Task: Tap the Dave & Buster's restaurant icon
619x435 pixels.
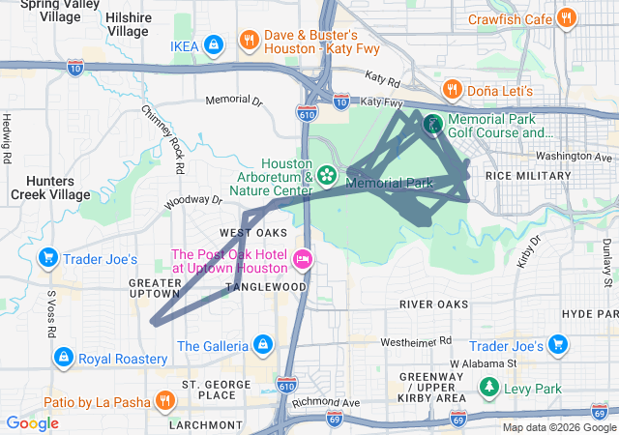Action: (x=250, y=41)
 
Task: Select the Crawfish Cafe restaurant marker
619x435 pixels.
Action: (x=568, y=17)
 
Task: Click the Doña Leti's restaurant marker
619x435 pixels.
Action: (x=451, y=90)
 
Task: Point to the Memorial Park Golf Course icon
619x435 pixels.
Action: (x=432, y=124)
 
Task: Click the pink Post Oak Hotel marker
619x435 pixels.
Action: (x=302, y=258)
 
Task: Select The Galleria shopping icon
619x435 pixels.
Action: (x=261, y=345)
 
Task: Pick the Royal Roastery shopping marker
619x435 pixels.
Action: (x=64, y=358)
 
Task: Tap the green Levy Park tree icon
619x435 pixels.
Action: (x=489, y=389)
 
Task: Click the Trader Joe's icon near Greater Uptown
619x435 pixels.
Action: (x=47, y=258)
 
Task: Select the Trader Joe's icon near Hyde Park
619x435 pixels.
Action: (x=557, y=345)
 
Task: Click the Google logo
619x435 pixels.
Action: (x=32, y=422)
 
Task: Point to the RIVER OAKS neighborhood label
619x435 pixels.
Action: (x=434, y=304)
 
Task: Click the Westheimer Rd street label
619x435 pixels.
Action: (x=416, y=341)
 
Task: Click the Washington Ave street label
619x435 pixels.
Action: (x=576, y=156)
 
